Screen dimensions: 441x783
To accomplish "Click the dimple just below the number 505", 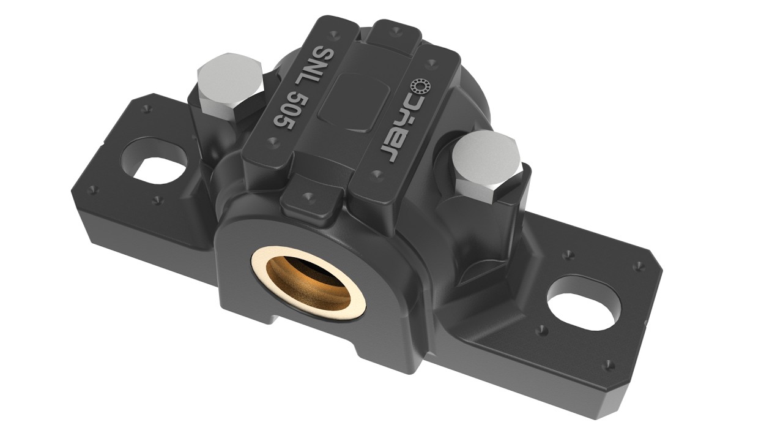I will (x=272, y=141).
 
